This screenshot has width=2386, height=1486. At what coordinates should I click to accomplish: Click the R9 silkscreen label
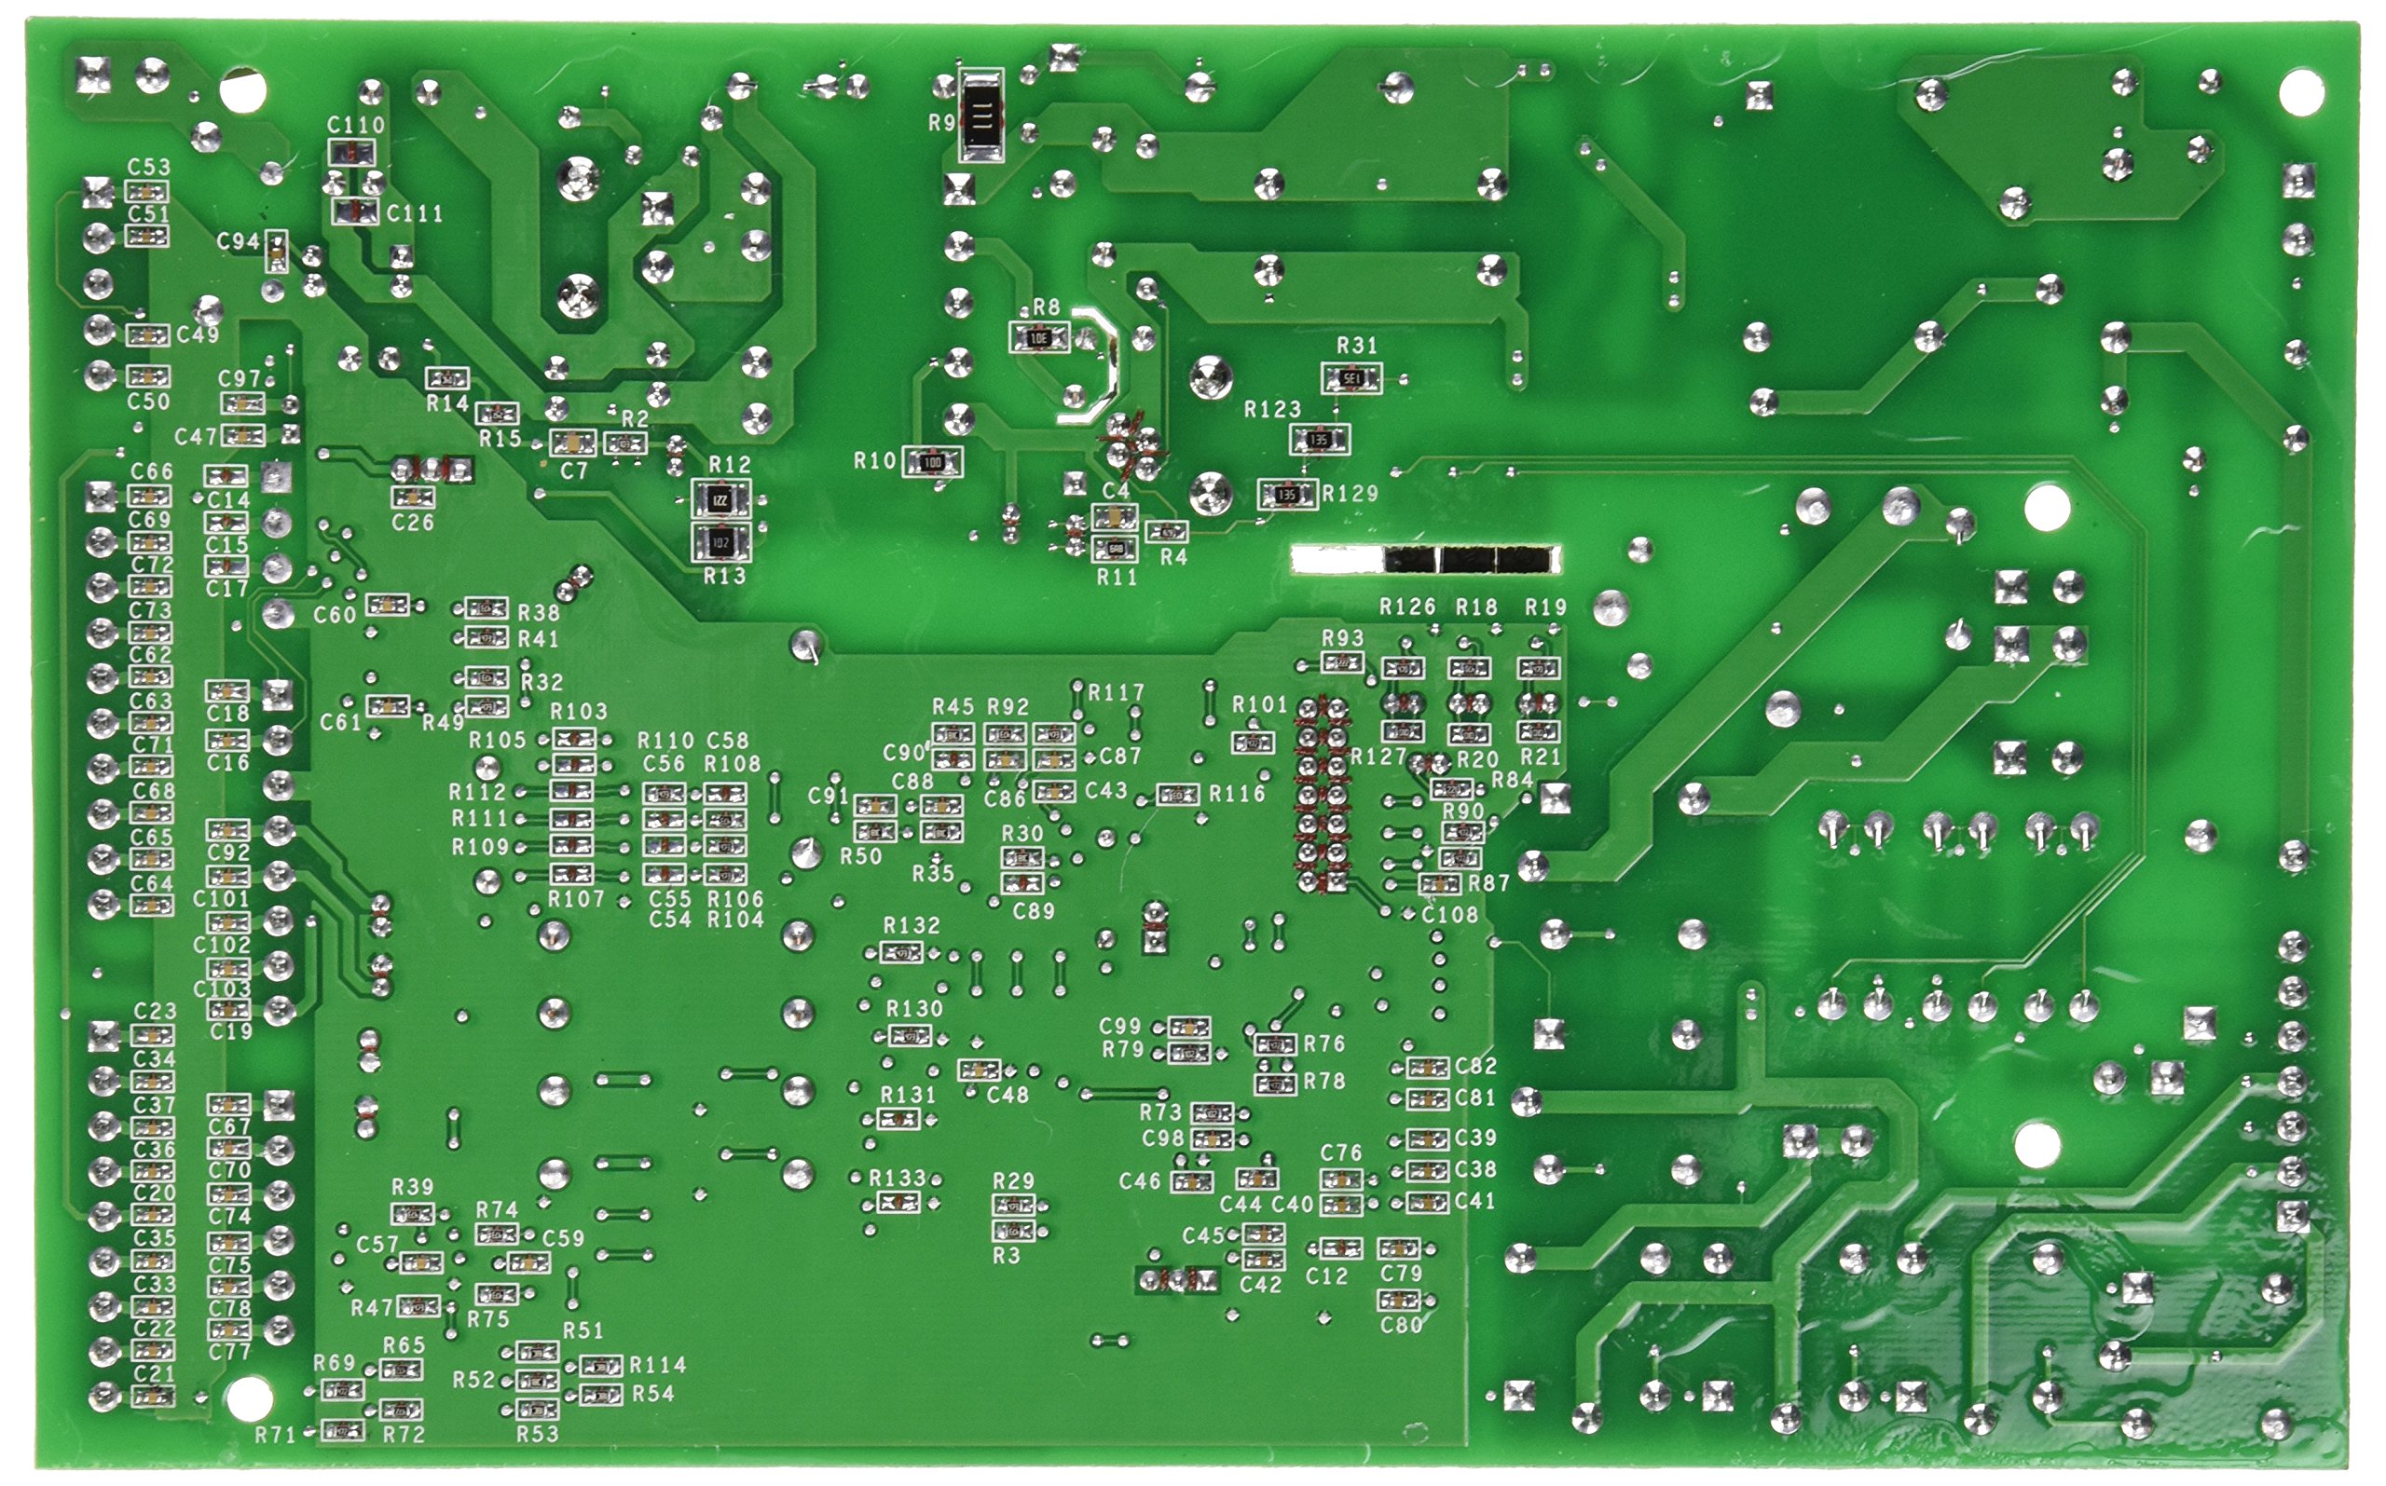point(940,124)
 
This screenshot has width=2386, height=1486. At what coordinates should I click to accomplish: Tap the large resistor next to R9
point(980,116)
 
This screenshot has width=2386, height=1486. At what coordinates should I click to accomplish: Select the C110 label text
point(356,125)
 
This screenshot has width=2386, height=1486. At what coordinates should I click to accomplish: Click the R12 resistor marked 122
point(720,501)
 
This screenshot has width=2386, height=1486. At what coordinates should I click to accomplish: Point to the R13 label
point(724,577)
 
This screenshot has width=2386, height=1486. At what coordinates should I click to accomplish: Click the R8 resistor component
point(1038,338)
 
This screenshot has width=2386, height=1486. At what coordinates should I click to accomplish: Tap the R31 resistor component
point(1351,377)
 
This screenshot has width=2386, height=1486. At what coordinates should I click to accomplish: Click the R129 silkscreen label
point(1350,494)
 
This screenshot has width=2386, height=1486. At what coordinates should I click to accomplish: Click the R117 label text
point(1116,693)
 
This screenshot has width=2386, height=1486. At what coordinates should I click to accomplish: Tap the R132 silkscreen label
point(912,925)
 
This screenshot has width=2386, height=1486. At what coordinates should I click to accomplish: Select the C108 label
point(1450,914)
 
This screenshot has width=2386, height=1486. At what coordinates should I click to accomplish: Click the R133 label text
point(898,1178)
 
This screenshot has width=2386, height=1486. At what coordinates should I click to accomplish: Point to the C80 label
point(1401,1325)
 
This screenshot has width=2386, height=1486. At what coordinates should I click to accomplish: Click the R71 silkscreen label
point(275,1435)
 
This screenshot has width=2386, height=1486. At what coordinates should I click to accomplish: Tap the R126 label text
point(1406,607)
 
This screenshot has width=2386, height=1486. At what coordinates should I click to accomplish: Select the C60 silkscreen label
point(335,615)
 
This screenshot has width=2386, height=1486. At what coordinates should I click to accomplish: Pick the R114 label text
point(658,1364)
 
